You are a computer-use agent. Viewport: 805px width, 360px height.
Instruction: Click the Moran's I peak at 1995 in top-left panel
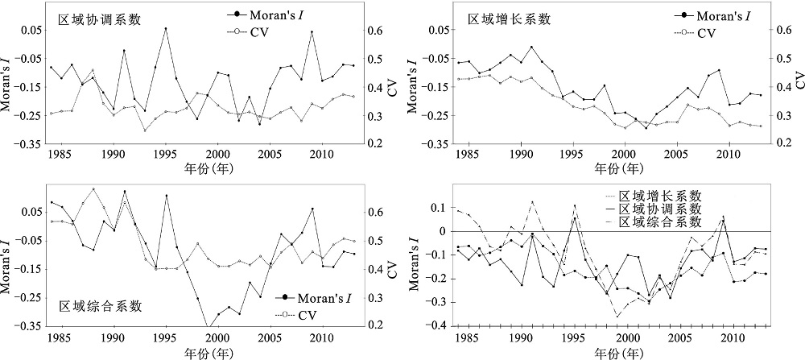coord(166,29)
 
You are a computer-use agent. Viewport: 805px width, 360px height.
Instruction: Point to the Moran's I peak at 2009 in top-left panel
coord(312,32)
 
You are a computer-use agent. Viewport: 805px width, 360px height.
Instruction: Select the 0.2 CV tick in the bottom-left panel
coord(376,326)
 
